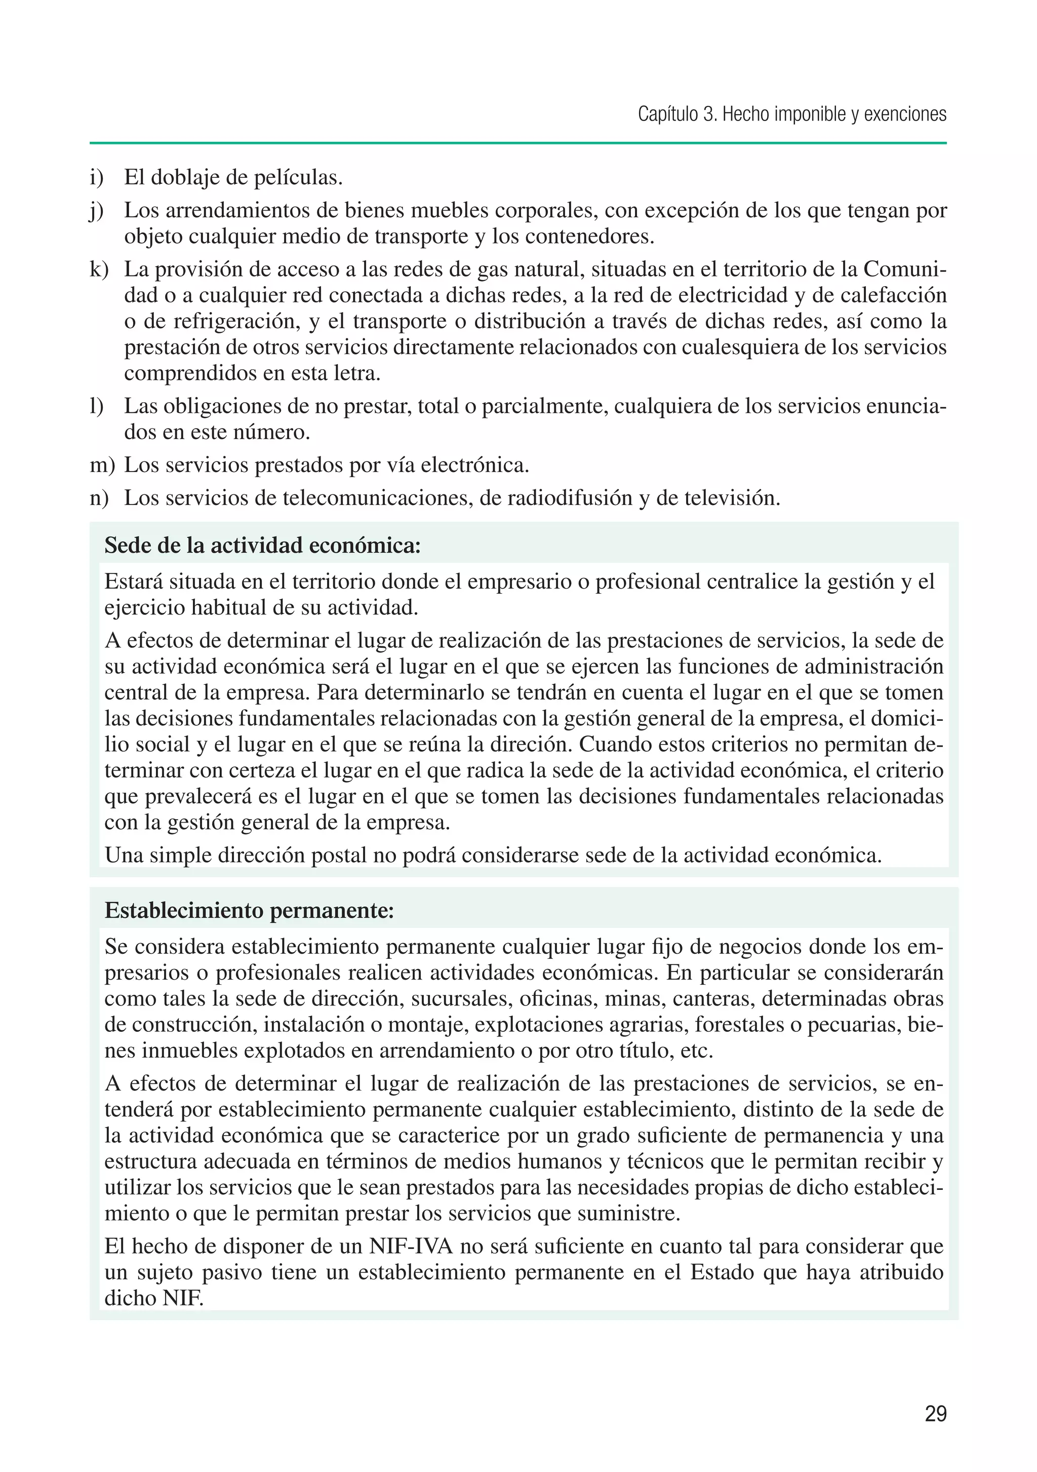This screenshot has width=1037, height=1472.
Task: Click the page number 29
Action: click(935, 1414)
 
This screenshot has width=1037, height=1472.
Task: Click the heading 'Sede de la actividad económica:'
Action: click(262, 546)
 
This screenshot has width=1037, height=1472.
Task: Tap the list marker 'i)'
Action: click(97, 178)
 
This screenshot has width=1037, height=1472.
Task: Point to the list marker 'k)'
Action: click(99, 269)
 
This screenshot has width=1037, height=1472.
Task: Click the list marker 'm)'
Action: click(102, 465)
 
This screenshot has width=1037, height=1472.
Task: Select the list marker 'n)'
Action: click(99, 497)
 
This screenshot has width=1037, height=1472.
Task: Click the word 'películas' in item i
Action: click(297, 178)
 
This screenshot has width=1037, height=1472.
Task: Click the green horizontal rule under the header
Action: click(518, 143)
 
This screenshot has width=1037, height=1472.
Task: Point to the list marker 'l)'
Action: click(97, 406)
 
